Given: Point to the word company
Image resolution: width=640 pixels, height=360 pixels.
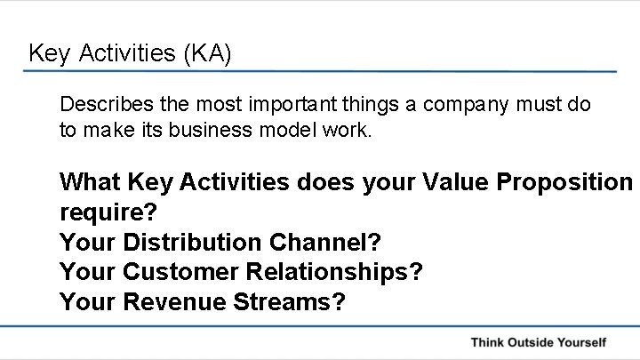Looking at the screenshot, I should [x=463, y=104].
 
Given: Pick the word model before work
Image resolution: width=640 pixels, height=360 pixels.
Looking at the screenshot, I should [x=301, y=130].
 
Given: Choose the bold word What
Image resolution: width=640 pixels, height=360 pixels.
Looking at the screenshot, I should [x=91, y=182].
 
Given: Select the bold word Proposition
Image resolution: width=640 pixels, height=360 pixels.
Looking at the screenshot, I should [x=566, y=183].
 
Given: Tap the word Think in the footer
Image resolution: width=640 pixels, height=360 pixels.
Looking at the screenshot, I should [x=489, y=341].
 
